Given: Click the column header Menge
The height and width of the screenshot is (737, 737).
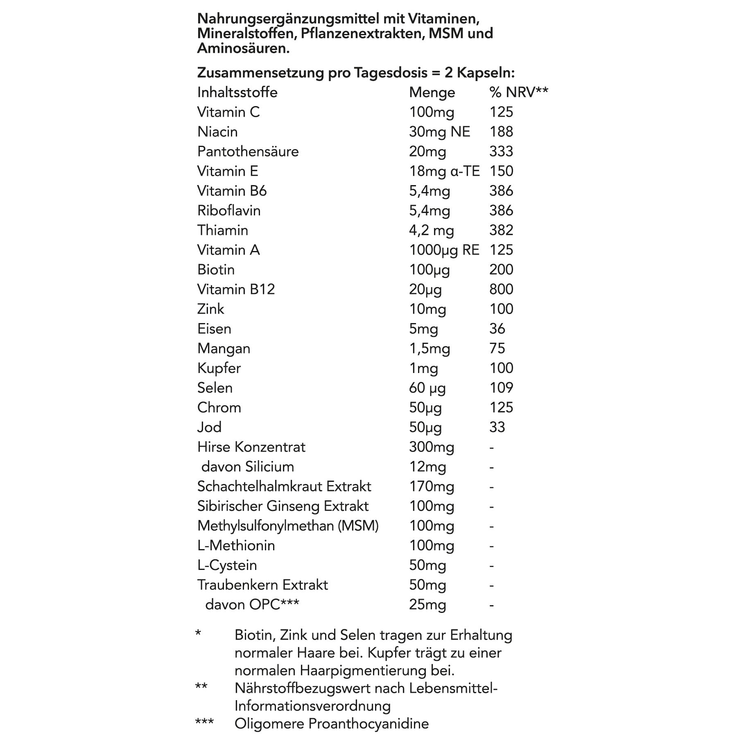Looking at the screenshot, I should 432,93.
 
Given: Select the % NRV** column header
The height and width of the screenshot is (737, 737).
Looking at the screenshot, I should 518,93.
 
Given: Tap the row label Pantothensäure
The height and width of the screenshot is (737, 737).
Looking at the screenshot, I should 248,151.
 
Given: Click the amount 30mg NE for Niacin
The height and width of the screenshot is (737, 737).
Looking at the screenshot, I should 439,132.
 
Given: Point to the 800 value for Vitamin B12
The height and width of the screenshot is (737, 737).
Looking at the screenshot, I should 501,289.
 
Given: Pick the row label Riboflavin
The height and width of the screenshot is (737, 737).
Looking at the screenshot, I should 229,210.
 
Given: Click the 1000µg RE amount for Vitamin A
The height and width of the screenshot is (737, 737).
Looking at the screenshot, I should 444,250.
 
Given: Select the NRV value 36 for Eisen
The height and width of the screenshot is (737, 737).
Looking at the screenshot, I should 497,329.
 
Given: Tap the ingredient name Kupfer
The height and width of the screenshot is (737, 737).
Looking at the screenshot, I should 219,368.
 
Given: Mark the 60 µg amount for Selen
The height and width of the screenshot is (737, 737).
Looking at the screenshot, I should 427,388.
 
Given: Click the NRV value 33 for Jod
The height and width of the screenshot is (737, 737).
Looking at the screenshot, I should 497,427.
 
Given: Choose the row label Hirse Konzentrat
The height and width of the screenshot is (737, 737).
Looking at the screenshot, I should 251,447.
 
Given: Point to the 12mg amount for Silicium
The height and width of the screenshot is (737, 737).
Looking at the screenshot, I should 427,467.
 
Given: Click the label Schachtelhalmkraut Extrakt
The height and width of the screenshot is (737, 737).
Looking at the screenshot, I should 284,486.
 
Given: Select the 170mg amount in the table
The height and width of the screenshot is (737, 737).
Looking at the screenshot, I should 432,486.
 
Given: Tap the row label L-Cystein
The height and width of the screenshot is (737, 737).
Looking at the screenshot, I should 227,565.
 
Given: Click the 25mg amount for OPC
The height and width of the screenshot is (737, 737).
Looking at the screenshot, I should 427,605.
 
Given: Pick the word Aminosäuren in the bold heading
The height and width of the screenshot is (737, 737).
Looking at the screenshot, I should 243,48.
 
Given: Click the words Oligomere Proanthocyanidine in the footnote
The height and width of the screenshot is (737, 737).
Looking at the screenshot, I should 331,724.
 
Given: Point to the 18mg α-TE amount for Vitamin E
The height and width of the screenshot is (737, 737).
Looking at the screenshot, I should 444,171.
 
